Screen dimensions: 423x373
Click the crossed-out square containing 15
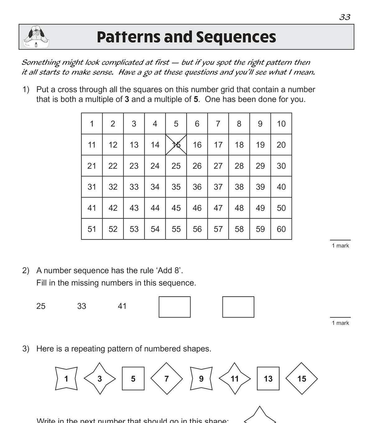(x=176, y=145)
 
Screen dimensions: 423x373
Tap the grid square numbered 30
(x=281, y=166)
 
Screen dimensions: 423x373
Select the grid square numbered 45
(x=176, y=208)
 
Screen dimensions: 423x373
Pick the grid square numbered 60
(x=281, y=229)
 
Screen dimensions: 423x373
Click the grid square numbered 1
(x=92, y=124)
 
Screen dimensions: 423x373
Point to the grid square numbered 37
(x=218, y=187)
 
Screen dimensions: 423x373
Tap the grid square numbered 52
(x=113, y=229)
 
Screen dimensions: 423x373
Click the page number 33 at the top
(x=345, y=17)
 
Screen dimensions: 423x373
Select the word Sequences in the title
(x=236, y=37)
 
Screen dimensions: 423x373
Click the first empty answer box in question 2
(x=174, y=307)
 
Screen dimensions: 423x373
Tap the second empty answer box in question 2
(x=238, y=307)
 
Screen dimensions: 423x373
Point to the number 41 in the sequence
(x=122, y=306)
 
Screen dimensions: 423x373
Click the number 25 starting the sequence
(x=41, y=306)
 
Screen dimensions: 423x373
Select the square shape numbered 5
(x=133, y=378)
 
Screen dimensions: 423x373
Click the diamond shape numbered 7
(x=167, y=378)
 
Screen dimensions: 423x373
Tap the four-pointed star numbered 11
(x=235, y=378)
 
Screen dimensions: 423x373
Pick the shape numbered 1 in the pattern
(x=66, y=378)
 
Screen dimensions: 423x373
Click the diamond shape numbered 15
(x=302, y=378)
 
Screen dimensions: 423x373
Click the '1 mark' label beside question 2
(x=340, y=323)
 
